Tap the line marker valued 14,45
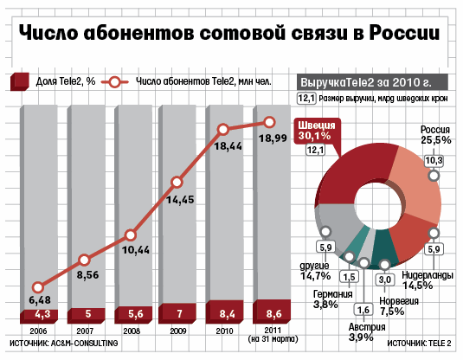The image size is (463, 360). [x=177, y=183]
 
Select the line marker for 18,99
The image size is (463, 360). [x=269, y=122]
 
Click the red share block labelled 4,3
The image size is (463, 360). [x=39, y=316]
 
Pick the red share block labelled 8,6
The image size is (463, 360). [x=272, y=312]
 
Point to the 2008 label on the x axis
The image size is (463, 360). [x=132, y=331]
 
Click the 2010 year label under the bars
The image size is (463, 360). [x=224, y=331]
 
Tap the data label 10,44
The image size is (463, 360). [x=136, y=250]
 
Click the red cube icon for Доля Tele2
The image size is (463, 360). [x=20, y=81]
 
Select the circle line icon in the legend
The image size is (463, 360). [x=115, y=82]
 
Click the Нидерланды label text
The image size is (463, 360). [x=428, y=275]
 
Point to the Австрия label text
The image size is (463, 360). [x=367, y=327]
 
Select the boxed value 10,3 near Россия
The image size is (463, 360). [x=434, y=161]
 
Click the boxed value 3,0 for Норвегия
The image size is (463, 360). [x=385, y=280]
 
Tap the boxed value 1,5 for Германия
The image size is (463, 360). [x=349, y=277]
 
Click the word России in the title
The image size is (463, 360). [x=404, y=33]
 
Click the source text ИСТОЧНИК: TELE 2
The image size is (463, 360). [x=419, y=344]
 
